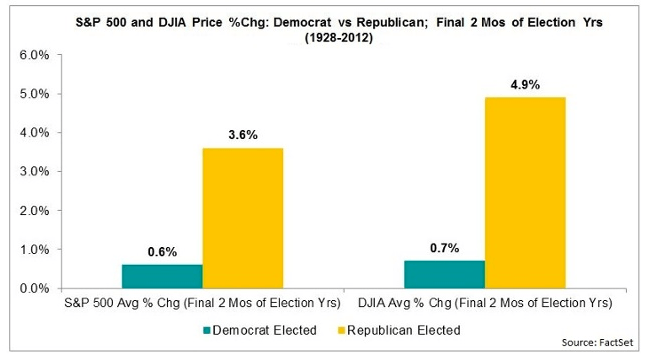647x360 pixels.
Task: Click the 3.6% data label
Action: pyautogui.click(x=243, y=135)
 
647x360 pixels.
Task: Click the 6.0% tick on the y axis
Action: pyautogui.click(x=34, y=55)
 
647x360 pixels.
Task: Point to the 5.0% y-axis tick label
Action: pyautogui.click(x=34, y=94)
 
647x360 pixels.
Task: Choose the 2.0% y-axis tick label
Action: pyautogui.click(x=34, y=210)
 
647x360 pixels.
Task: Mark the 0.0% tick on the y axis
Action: pyautogui.click(x=34, y=288)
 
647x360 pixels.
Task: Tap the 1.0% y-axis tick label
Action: pyautogui.click(x=34, y=249)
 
